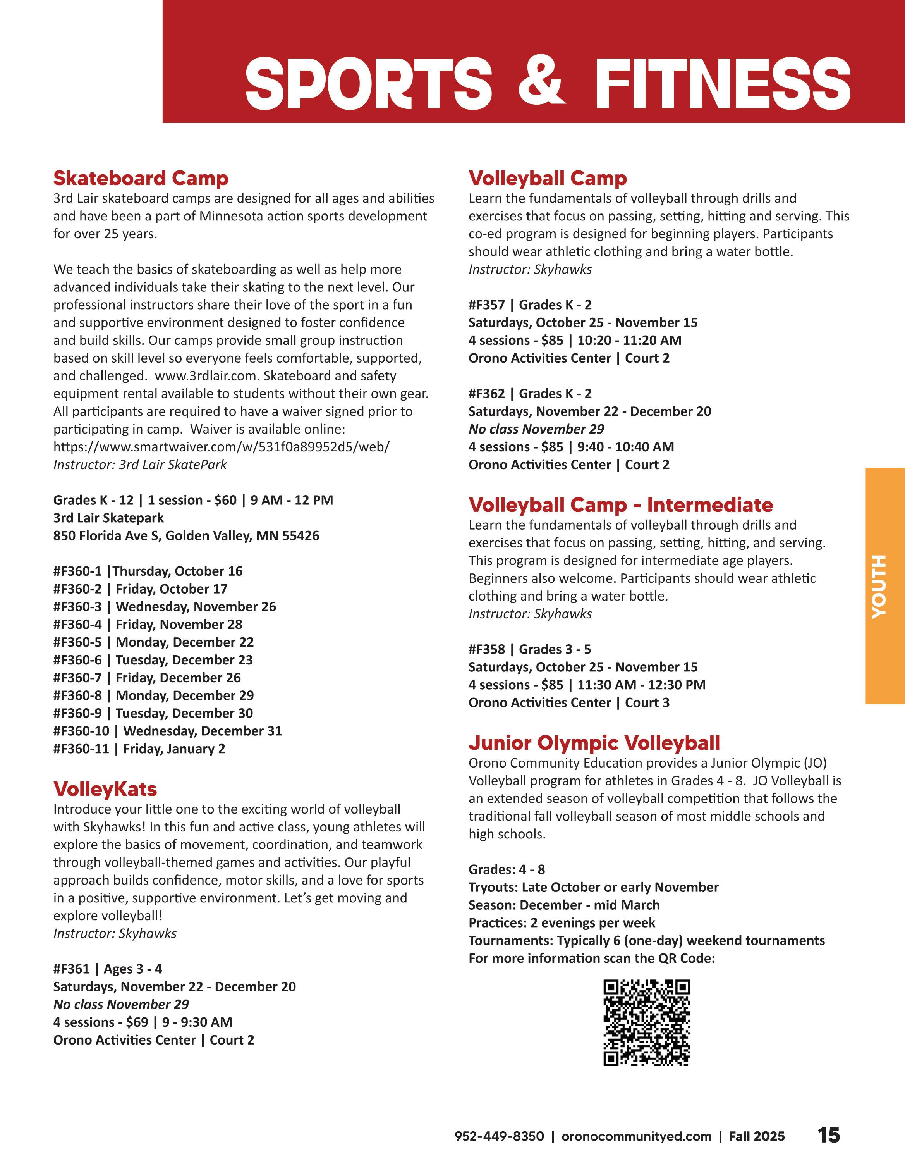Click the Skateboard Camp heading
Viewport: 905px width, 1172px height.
(x=141, y=178)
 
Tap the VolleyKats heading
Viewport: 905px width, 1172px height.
(x=105, y=789)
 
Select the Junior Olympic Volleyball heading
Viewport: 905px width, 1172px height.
(x=594, y=743)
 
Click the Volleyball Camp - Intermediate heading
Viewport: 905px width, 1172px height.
(x=621, y=505)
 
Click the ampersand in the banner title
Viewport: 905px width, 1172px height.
(x=541, y=83)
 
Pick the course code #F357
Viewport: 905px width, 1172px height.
(x=486, y=305)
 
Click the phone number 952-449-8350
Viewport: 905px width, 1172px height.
(x=499, y=1137)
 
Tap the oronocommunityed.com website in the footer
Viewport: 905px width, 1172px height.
(x=636, y=1137)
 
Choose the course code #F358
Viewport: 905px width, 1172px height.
(x=486, y=649)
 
